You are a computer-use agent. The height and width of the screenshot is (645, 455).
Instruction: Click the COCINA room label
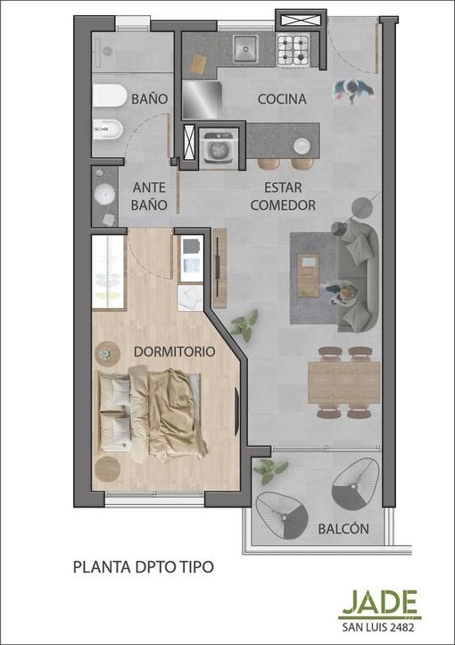tap(282, 99)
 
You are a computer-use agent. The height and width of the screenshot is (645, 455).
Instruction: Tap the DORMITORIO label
tap(175, 352)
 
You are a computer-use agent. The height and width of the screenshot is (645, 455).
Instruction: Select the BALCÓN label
tap(343, 528)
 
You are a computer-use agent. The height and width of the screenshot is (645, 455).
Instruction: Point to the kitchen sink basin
tap(245, 47)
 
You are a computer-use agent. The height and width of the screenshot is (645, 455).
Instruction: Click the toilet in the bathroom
tap(109, 96)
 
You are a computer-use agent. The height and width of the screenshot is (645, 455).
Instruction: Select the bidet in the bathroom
tap(107, 130)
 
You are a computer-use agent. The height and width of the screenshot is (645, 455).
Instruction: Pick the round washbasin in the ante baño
tap(104, 193)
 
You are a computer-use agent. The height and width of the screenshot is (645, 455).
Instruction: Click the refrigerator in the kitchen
tap(202, 100)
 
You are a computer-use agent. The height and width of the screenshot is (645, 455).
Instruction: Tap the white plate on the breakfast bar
tap(302, 146)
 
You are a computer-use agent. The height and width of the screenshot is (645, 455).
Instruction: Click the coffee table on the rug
tap(308, 276)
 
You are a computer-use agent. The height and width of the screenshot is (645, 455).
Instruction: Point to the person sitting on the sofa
tap(342, 292)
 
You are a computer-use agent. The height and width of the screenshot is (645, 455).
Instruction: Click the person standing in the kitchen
tap(353, 90)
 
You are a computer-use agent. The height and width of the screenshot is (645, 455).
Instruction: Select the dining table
tap(344, 382)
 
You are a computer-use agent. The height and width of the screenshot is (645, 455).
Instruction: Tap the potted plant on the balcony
tap(270, 471)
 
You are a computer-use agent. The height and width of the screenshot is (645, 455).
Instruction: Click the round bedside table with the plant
tap(107, 354)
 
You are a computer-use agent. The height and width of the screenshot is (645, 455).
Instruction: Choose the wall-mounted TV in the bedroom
tap(236, 411)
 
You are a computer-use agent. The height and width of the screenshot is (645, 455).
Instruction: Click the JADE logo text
tap(380, 602)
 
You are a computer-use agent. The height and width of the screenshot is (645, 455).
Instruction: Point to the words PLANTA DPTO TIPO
tap(144, 566)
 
